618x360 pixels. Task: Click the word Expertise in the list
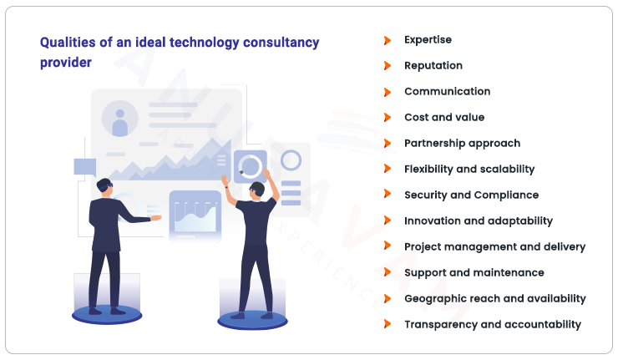pyautogui.click(x=428, y=40)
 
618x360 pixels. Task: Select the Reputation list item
pyautogui.click(x=433, y=66)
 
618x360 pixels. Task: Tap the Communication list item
pyautogui.click(x=447, y=92)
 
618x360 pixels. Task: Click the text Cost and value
pyautogui.click(x=443, y=118)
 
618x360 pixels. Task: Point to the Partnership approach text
pyautogui.click(x=462, y=144)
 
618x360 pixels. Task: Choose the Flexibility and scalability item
pyautogui.click(x=469, y=170)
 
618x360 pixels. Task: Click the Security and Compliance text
pyautogui.click(x=471, y=195)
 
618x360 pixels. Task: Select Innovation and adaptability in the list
pyautogui.click(x=478, y=221)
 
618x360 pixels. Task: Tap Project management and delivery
pyautogui.click(x=494, y=247)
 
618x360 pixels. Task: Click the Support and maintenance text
pyautogui.click(x=474, y=273)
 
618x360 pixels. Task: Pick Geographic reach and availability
pyautogui.click(x=494, y=299)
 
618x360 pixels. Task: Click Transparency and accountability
pyautogui.click(x=492, y=325)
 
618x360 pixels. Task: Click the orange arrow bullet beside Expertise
pyautogui.click(x=387, y=40)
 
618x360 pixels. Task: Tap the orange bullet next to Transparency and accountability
pyautogui.click(x=387, y=325)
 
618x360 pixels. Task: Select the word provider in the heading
pyautogui.click(x=65, y=63)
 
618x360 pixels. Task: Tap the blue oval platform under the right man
pyautogui.click(x=252, y=320)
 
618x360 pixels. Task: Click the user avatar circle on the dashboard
pyautogui.click(x=119, y=122)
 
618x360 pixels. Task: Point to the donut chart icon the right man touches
pyautogui.click(x=250, y=166)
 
